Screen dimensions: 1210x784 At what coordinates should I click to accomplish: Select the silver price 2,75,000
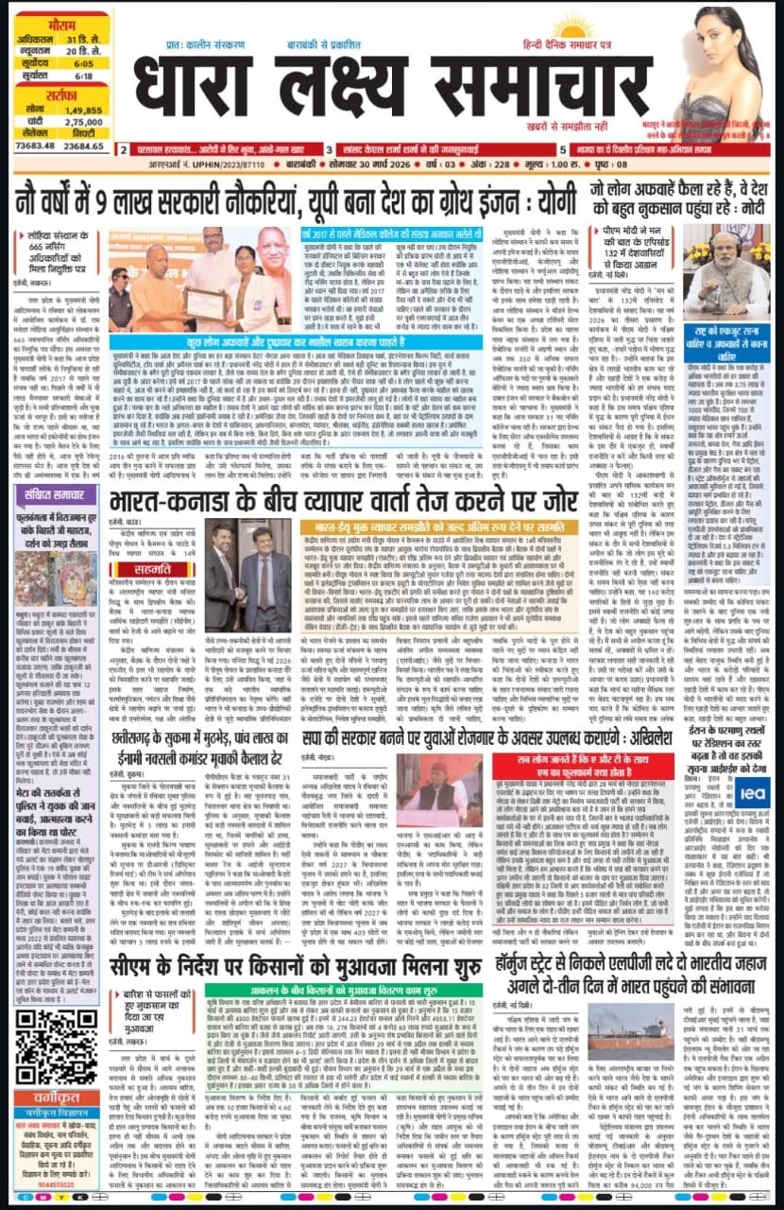coord(84,122)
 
